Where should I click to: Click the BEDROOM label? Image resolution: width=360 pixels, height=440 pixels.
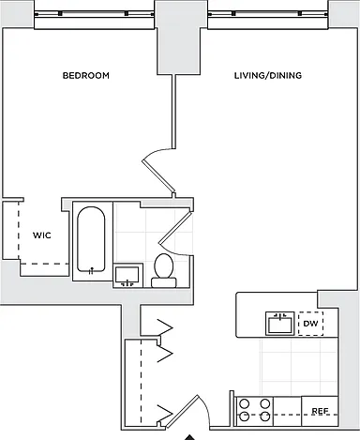[86, 76]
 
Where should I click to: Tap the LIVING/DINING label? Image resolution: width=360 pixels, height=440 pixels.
[268, 76]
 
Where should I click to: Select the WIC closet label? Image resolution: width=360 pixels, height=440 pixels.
[42, 235]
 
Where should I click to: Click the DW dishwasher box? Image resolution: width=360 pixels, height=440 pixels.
[310, 324]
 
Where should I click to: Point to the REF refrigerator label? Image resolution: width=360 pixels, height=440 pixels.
[320, 411]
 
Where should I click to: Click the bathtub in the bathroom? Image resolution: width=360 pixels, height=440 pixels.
[91, 239]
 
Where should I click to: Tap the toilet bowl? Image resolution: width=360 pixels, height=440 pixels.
[164, 266]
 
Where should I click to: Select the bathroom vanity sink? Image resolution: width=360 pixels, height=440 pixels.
[127, 275]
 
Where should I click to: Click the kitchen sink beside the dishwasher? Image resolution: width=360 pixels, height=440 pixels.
[280, 324]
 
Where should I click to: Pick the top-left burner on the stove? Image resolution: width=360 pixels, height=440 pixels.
[245, 404]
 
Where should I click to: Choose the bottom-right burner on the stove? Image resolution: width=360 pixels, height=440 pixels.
[265, 417]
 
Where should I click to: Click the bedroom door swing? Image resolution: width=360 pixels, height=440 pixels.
[158, 172]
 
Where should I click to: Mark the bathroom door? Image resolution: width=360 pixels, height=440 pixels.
[175, 233]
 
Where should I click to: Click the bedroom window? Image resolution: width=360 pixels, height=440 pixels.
[94, 14]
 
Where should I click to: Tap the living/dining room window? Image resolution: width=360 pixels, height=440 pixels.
[268, 14]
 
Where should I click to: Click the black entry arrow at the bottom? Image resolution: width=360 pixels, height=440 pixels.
[189, 437]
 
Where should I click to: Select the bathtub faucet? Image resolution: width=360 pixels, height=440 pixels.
[91, 271]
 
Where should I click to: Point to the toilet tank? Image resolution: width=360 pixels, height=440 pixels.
[164, 282]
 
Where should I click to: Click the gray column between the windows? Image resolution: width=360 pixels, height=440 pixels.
[179, 38]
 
